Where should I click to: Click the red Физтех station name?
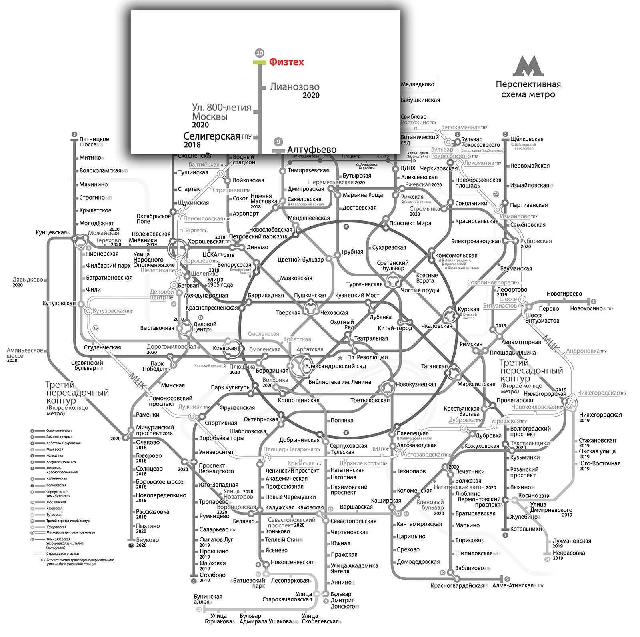[x=286, y=62]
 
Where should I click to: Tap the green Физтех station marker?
[x=260, y=62]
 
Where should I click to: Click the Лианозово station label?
[x=294, y=87]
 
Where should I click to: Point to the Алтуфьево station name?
[x=312, y=150]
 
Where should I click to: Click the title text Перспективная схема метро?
[x=528, y=89]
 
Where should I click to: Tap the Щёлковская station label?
[x=527, y=139]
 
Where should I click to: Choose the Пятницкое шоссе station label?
[x=94, y=142]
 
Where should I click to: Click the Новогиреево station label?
[x=564, y=294]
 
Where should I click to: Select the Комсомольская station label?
[x=456, y=256]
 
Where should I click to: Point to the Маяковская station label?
[x=296, y=278]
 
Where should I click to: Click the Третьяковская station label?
[x=370, y=400]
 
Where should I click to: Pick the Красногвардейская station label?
[x=457, y=586]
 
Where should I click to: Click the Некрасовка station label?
[x=568, y=553]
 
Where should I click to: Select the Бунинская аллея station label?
[x=208, y=599]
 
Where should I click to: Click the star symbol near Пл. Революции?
[x=340, y=357]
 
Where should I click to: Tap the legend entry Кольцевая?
[x=54, y=455]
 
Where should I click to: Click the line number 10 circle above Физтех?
[x=260, y=53]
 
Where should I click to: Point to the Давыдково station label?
[x=28, y=280]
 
